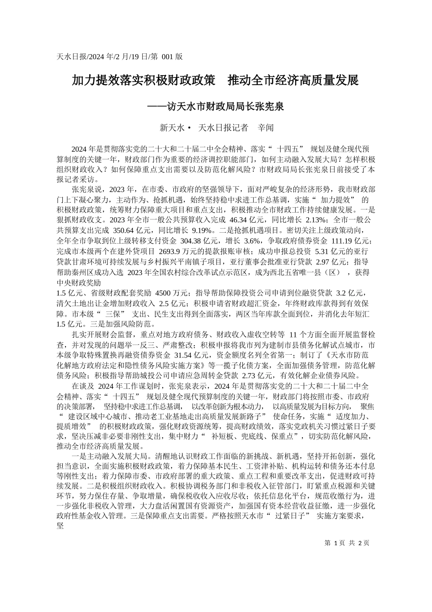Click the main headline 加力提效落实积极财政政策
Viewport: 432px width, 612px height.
144,81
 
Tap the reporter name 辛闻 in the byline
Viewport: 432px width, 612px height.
266,128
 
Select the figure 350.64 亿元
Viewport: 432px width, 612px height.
128,230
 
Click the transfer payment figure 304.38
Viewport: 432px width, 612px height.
193,240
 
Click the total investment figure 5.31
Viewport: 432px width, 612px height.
321,251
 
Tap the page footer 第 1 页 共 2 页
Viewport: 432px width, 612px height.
347,542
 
